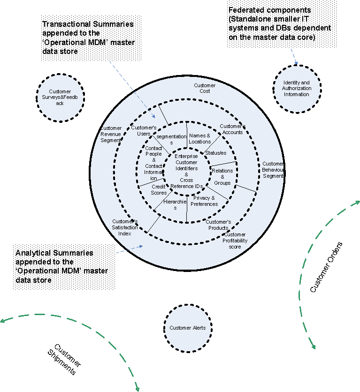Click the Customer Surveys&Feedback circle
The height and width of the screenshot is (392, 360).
tap(60, 98)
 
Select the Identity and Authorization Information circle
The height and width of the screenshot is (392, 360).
tap(296, 89)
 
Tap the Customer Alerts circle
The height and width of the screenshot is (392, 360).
tap(188, 328)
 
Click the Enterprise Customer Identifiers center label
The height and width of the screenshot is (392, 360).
tap(186, 171)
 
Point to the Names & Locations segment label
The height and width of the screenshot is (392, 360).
tap(199, 138)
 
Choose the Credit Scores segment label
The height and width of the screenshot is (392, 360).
tap(159, 189)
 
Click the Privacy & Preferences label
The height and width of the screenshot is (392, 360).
tap(205, 201)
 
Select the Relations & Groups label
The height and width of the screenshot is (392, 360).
tap(222, 177)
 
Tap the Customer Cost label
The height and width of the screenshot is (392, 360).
tap(205, 89)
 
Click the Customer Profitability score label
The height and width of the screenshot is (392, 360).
tap(235, 241)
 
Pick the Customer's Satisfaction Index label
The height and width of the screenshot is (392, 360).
tap(125, 227)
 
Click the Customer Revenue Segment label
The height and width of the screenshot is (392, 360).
tap(111, 134)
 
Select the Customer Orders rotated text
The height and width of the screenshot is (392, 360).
tap(327, 267)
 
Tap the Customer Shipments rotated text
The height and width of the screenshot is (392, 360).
tap(64, 359)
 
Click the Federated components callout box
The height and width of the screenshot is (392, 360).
tap(280, 23)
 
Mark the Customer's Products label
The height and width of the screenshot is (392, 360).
tap(218, 225)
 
